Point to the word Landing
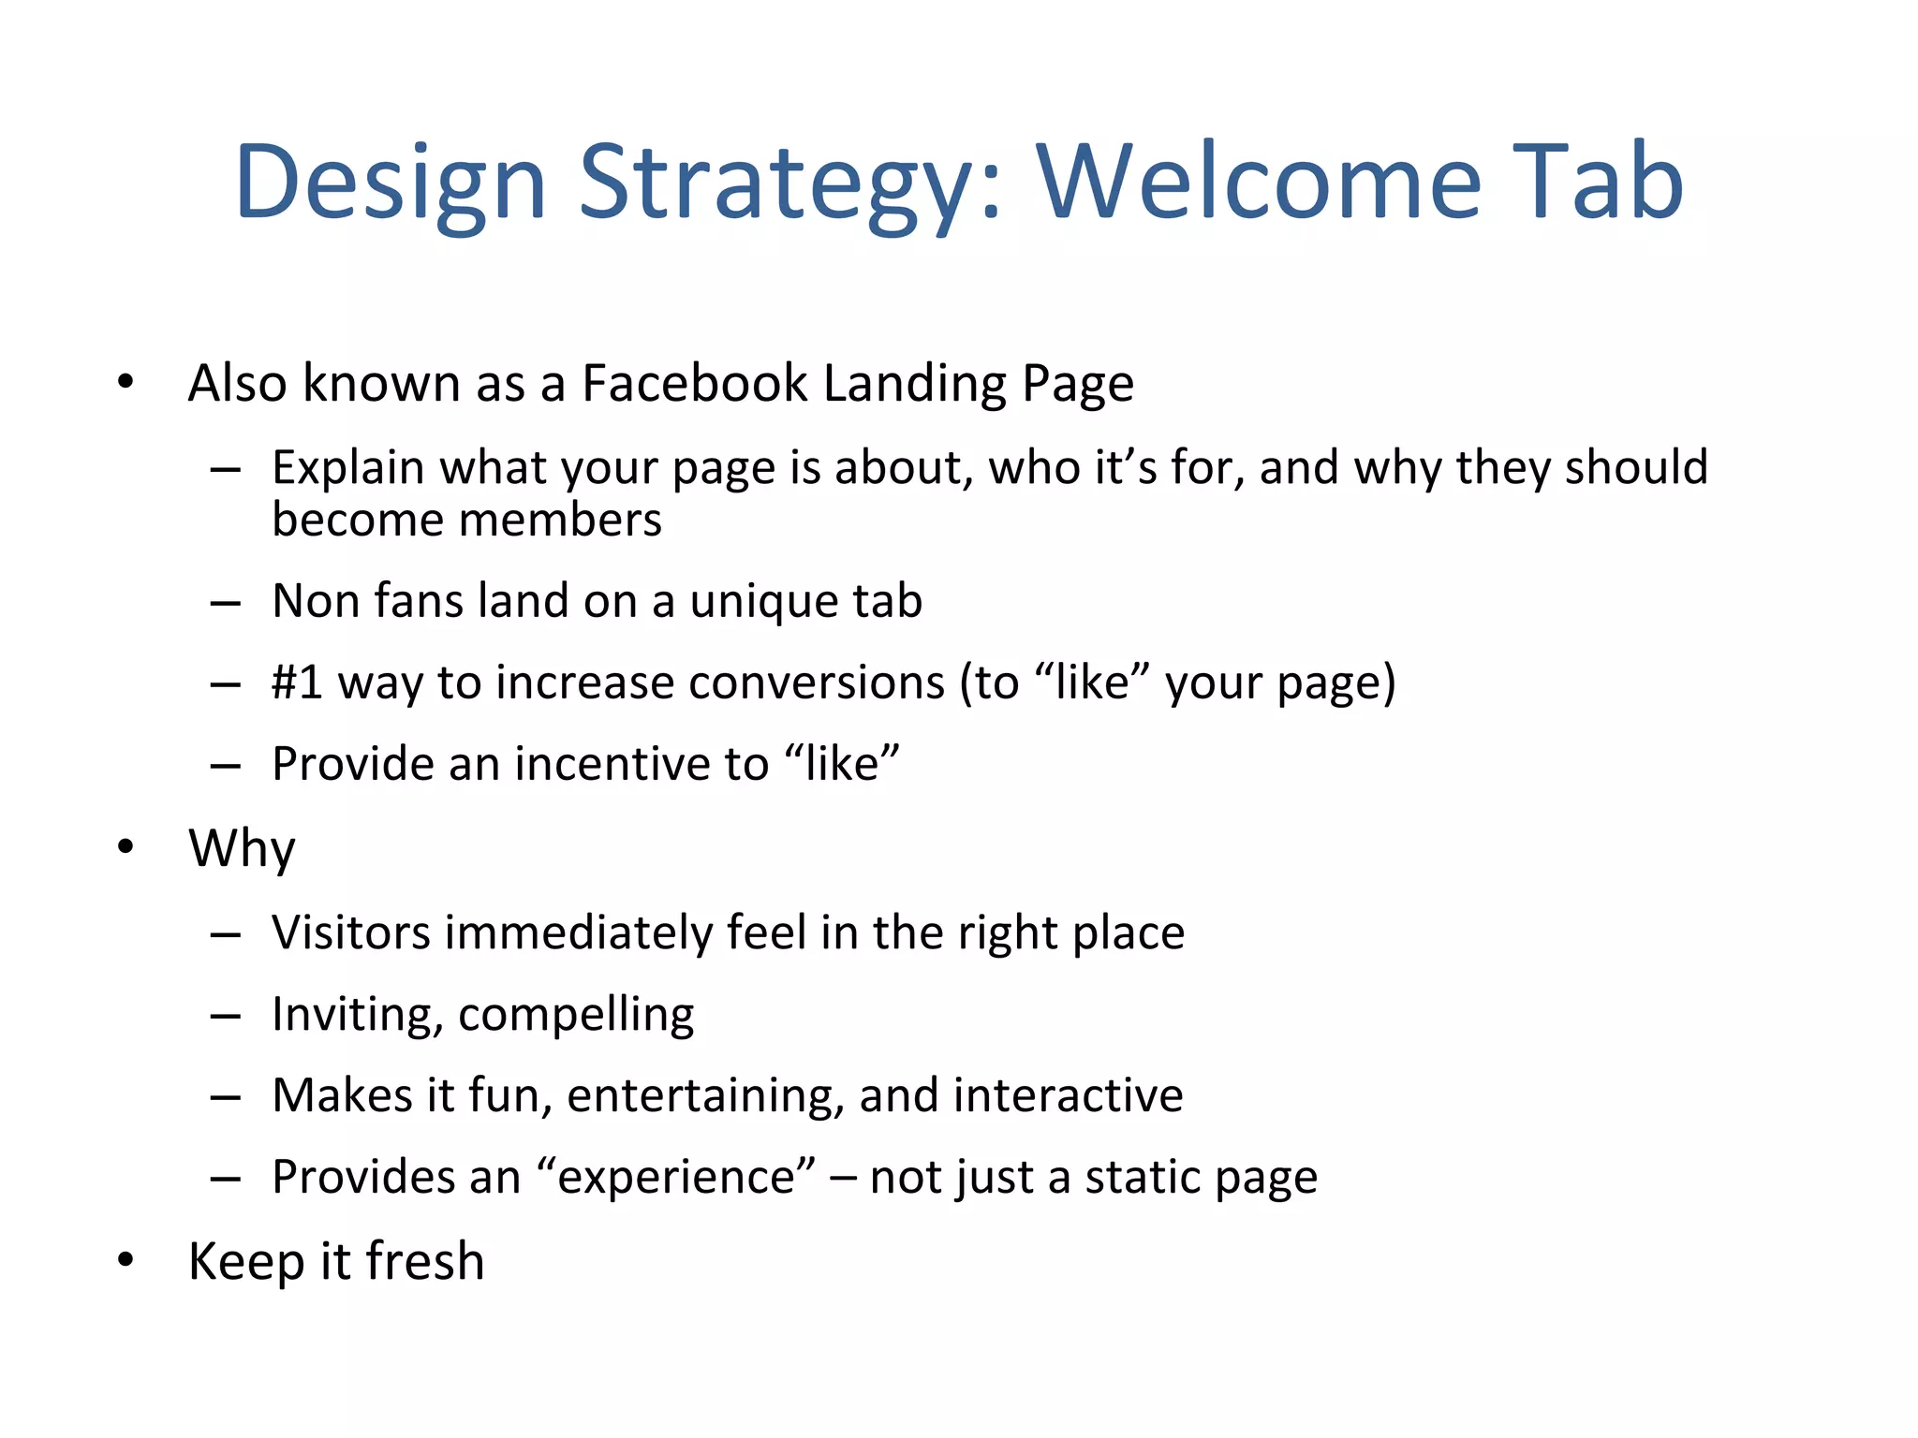click(x=914, y=383)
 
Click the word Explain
click(x=347, y=467)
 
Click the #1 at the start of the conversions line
click(x=297, y=682)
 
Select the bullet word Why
click(x=242, y=848)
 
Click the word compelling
click(x=576, y=1015)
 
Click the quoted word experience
click(x=676, y=1178)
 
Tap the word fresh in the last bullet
click(x=425, y=1261)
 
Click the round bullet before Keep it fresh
click(x=126, y=1260)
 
